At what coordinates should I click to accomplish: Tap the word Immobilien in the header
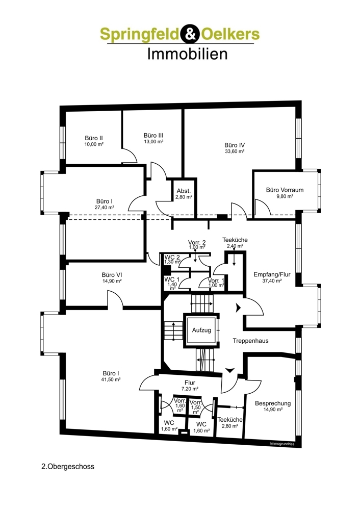(x=187, y=54)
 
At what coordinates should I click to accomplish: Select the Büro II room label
(x=94, y=138)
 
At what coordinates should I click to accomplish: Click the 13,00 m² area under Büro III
(x=153, y=142)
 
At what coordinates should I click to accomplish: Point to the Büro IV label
(x=235, y=144)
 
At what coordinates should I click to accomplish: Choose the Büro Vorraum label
(x=285, y=190)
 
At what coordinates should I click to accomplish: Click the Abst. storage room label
(x=184, y=190)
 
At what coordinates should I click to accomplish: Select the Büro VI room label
(x=112, y=274)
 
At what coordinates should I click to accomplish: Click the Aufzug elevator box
(x=201, y=330)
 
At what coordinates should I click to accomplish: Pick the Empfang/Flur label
(x=272, y=274)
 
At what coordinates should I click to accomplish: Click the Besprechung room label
(x=273, y=403)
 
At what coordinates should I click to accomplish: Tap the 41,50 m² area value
(x=111, y=379)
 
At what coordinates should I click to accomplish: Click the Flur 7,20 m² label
(x=190, y=382)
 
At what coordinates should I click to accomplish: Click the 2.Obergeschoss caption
(x=68, y=466)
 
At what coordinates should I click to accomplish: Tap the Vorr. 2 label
(x=197, y=242)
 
